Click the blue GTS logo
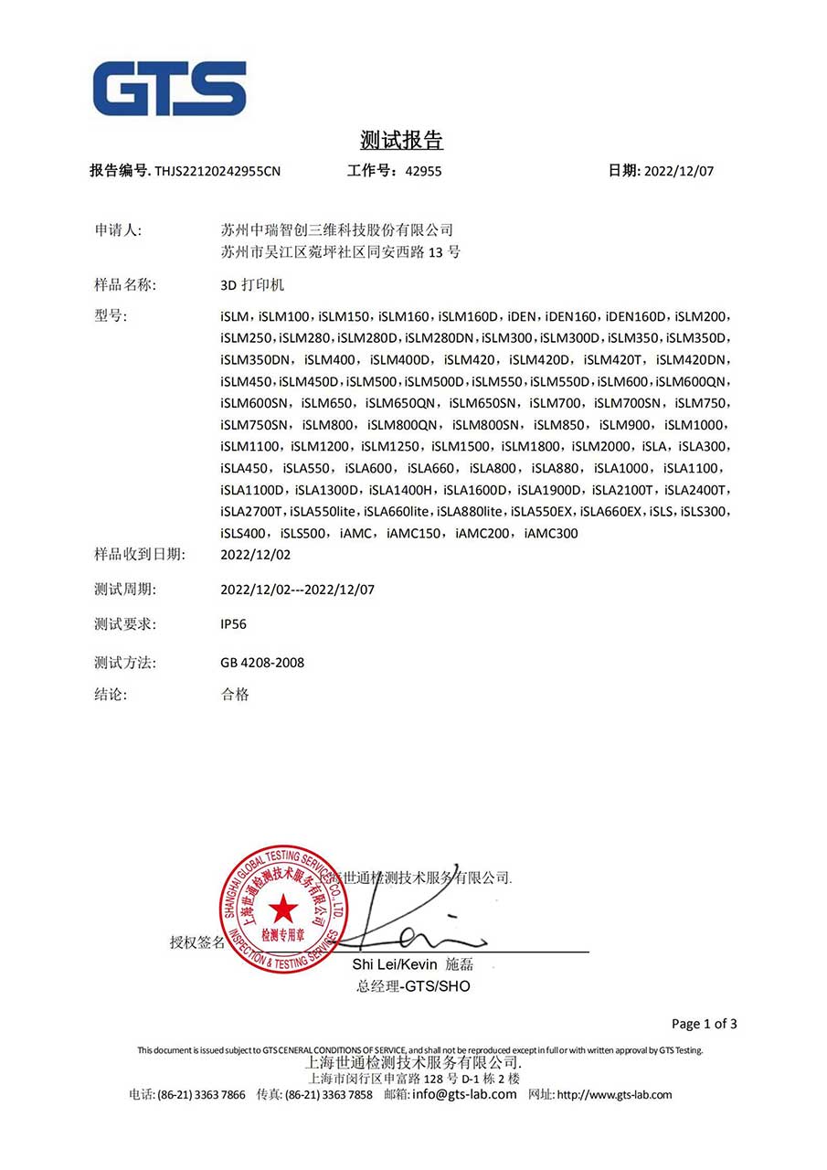point(169,89)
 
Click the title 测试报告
point(401,141)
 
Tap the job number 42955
point(422,171)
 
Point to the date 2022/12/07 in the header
point(679,171)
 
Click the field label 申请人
point(118,229)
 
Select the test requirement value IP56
point(233,624)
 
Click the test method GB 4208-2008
point(262,662)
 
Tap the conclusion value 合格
point(235,695)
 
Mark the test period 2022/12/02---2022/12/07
point(298,590)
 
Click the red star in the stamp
point(282,908)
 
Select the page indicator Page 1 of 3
point(704,1024)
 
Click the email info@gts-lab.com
point(464,1094)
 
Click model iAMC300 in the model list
point(552,534)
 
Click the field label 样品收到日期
point(140,554)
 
